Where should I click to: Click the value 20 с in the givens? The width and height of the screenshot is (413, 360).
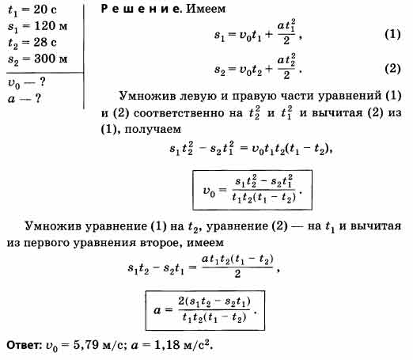45,9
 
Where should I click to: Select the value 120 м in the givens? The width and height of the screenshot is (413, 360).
51,26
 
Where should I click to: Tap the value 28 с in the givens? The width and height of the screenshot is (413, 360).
45,42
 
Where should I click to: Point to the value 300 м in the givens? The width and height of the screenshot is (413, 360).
51,59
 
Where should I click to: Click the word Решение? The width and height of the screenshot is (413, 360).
142,9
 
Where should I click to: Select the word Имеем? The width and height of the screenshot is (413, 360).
206,9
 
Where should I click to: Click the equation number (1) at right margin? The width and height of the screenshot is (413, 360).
392,34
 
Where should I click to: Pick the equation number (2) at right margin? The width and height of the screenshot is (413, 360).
392,69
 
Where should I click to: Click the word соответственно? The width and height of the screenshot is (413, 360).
188,113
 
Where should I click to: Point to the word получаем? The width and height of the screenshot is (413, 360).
153,130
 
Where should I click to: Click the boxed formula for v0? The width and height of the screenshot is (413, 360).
252,190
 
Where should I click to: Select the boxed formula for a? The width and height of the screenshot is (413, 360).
205,310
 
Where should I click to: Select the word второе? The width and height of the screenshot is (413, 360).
161,243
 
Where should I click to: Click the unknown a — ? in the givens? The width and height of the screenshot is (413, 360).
25,99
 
